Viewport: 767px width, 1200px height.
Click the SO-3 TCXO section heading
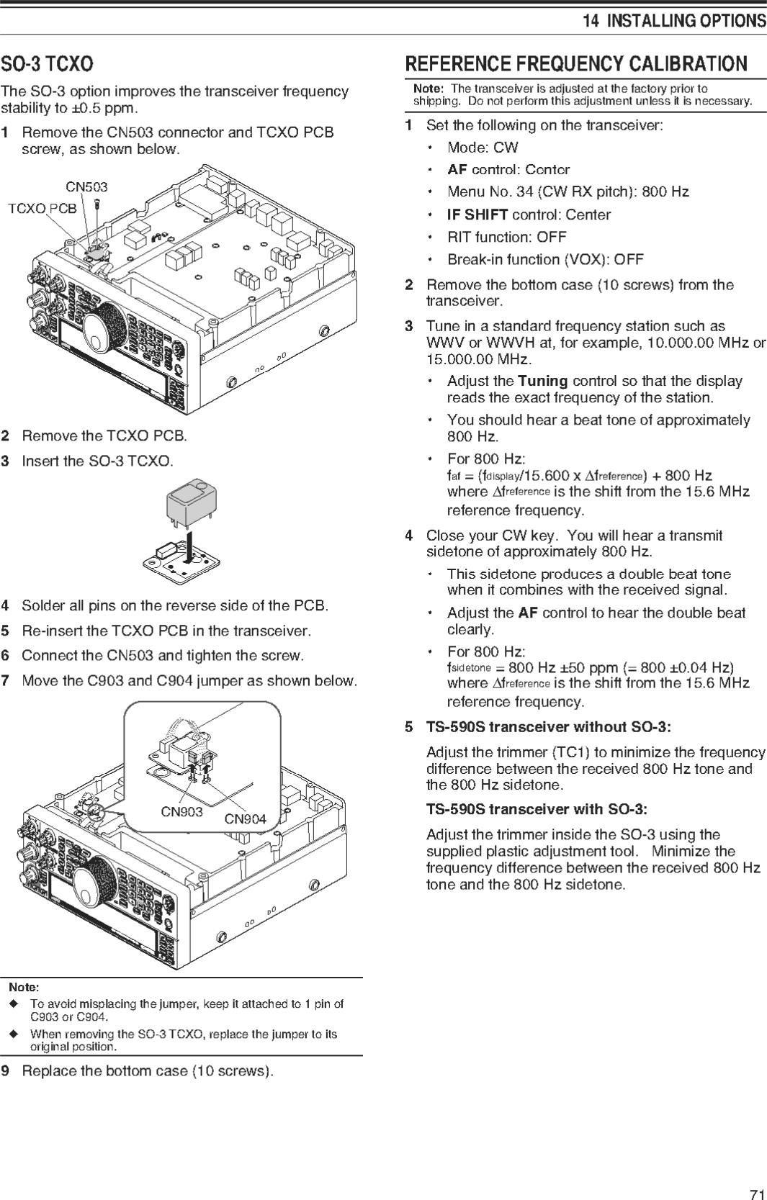47,64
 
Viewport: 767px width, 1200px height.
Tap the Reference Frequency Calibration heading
576,64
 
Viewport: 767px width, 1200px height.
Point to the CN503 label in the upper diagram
86,187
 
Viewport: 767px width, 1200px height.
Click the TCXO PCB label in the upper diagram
42,209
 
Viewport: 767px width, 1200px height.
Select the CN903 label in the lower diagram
181,812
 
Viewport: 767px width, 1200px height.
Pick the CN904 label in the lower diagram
245,818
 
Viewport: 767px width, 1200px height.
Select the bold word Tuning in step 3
542,381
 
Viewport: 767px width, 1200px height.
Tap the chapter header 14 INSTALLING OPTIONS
674,21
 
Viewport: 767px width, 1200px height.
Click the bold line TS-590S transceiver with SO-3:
536,809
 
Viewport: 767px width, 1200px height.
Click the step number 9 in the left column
6,1071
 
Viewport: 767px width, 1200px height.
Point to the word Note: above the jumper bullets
24,987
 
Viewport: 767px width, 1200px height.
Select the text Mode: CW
483,148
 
